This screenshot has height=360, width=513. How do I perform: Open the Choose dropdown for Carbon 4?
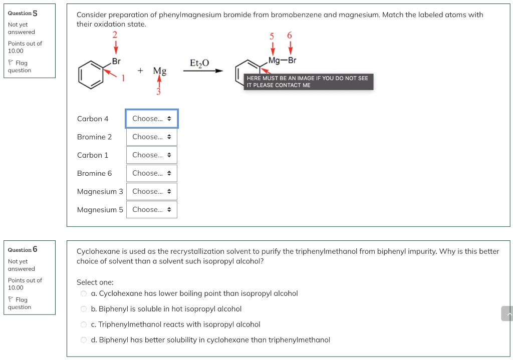152,119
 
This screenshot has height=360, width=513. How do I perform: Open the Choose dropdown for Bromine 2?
152,137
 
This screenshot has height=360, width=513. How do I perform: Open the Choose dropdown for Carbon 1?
152,155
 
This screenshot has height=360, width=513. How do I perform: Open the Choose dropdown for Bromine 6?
152,173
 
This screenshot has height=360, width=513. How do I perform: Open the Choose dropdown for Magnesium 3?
152,191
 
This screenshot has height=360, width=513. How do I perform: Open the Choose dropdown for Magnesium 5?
152,210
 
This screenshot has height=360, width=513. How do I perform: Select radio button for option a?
84,293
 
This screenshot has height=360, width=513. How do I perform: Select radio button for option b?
84,309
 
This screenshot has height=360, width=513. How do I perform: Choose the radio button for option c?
84,324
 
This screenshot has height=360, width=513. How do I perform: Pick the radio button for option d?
84,340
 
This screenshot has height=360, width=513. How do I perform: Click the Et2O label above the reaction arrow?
199,63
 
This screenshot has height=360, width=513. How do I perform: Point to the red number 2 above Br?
115,35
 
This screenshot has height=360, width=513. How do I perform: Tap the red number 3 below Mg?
159,92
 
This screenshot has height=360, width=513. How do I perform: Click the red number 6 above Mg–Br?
290,36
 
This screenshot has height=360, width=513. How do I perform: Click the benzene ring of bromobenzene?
91,74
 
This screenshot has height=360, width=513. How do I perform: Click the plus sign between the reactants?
141,71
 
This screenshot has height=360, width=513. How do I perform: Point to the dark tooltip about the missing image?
308,82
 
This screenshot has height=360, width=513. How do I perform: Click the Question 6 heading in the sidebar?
23,249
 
